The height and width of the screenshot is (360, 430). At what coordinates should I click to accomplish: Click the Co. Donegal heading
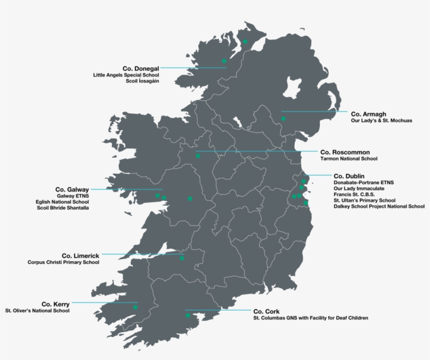click(x=141, y=68)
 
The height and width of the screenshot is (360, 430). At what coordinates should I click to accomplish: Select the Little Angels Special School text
click(x=126, y=75)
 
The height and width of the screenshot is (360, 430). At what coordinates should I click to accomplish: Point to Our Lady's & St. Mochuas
click(x=381, y=121)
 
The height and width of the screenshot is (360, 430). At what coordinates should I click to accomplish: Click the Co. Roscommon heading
click(x=345, y=152)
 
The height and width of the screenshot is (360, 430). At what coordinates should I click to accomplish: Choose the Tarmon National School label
click(x=348, y=158)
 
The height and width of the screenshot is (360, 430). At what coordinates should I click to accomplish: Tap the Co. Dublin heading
click(x=349, y=176)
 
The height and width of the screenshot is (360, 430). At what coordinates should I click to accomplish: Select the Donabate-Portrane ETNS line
click(x=363, y=182)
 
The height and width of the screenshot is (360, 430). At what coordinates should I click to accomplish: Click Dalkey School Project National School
click(x=379, y=206)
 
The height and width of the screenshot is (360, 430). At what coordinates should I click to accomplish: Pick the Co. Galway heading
click(x=72, y=189)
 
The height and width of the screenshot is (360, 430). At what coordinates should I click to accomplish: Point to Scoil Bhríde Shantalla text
click(x=62, y=208)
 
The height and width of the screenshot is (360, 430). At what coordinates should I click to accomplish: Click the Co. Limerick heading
click(x=80, y=256)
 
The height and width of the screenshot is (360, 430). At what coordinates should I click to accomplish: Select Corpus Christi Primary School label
click(x=63, y=262)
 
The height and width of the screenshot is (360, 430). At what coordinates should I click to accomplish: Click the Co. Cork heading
click(x=266, y=311)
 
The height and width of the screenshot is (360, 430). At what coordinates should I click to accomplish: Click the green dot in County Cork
click(x=188, y=315)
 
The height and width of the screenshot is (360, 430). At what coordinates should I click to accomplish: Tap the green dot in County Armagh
click(x=283, y=119)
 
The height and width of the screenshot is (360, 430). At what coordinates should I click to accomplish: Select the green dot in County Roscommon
click(x=198, y=156)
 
